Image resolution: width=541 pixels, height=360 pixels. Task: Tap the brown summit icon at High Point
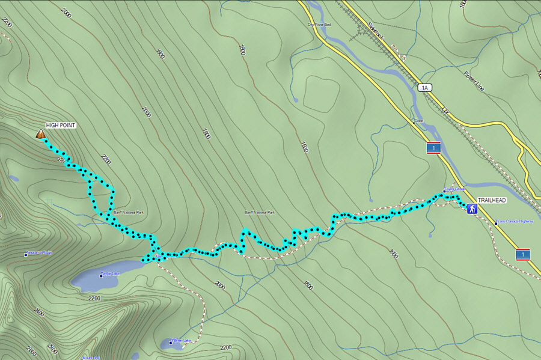click(x=40, y=134)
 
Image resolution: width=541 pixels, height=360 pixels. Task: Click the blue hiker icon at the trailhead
click(x=472, y=209)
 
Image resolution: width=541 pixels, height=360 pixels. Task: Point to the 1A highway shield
click(x=424, y=88)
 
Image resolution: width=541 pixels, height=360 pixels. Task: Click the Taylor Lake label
click(x=112, y=273)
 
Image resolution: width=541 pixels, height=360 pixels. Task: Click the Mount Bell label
click(x=91, y=357)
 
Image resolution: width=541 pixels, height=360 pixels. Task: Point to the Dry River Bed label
click(x=320, y=25)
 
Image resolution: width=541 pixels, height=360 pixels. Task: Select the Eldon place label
click(x=418, y=121)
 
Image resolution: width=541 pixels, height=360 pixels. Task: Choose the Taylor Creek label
click(x=455, y=189)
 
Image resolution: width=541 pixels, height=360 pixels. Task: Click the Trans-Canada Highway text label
click(x=516, y=221)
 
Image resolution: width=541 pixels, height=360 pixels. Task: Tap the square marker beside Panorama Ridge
click(x=26, y=254)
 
